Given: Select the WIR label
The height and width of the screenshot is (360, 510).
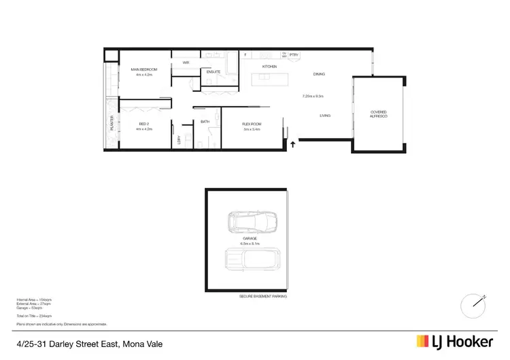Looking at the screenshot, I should pyautogui.click(x=186, y=63).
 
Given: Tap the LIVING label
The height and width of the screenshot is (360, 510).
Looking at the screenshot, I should pyautogui.click(x=325, y=116).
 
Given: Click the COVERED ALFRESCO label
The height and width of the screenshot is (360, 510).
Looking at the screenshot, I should pyautogui.click(x=379, y=115).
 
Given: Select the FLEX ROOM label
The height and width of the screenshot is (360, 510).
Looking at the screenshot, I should pyautogui.click(x=252, y=123).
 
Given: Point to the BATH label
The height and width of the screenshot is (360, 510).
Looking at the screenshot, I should pyautogui.click(x=205, y=122).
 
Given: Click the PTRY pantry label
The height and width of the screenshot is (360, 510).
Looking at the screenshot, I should pyautogui.click(x=294, y=54).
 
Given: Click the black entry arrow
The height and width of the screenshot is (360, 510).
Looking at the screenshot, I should pyautogui.click(x=293, y=144).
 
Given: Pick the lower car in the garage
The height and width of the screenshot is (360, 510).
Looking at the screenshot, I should pyautogui.click(x=252, y=259).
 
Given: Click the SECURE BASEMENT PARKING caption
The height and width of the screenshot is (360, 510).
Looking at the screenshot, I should pyautogui.click(x=262, y=297).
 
